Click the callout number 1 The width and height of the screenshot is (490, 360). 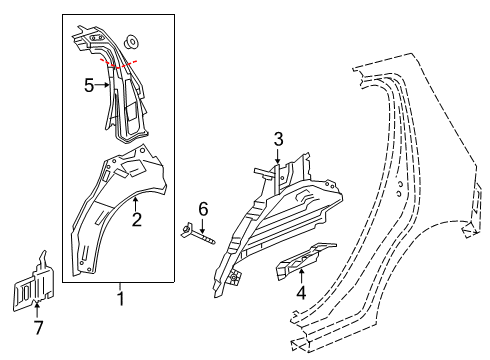[121, 297]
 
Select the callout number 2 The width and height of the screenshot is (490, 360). [135, 219]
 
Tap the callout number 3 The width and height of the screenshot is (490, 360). [279, 138]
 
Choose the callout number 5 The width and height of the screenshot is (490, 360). [88, 87]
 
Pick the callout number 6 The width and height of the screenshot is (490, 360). [202, 207]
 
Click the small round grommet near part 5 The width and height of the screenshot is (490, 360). [133, 42]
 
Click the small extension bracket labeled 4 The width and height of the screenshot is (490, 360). [305, 258]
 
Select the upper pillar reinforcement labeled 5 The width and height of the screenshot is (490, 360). [115, 90]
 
